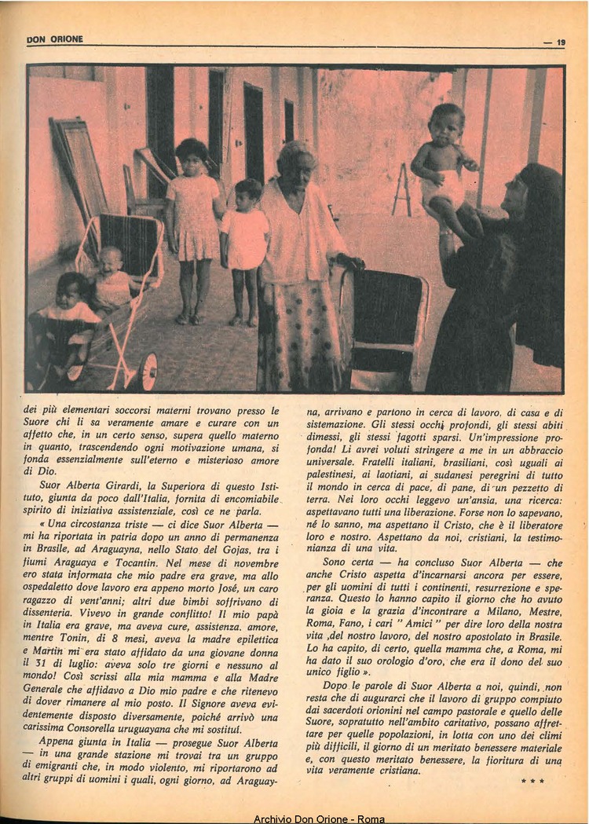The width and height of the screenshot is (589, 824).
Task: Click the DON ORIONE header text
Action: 54,39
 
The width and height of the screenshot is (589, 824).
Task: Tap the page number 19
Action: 560,42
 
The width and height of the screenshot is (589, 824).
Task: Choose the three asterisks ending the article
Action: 532,781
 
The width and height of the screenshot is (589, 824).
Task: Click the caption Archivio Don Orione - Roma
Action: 319,819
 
